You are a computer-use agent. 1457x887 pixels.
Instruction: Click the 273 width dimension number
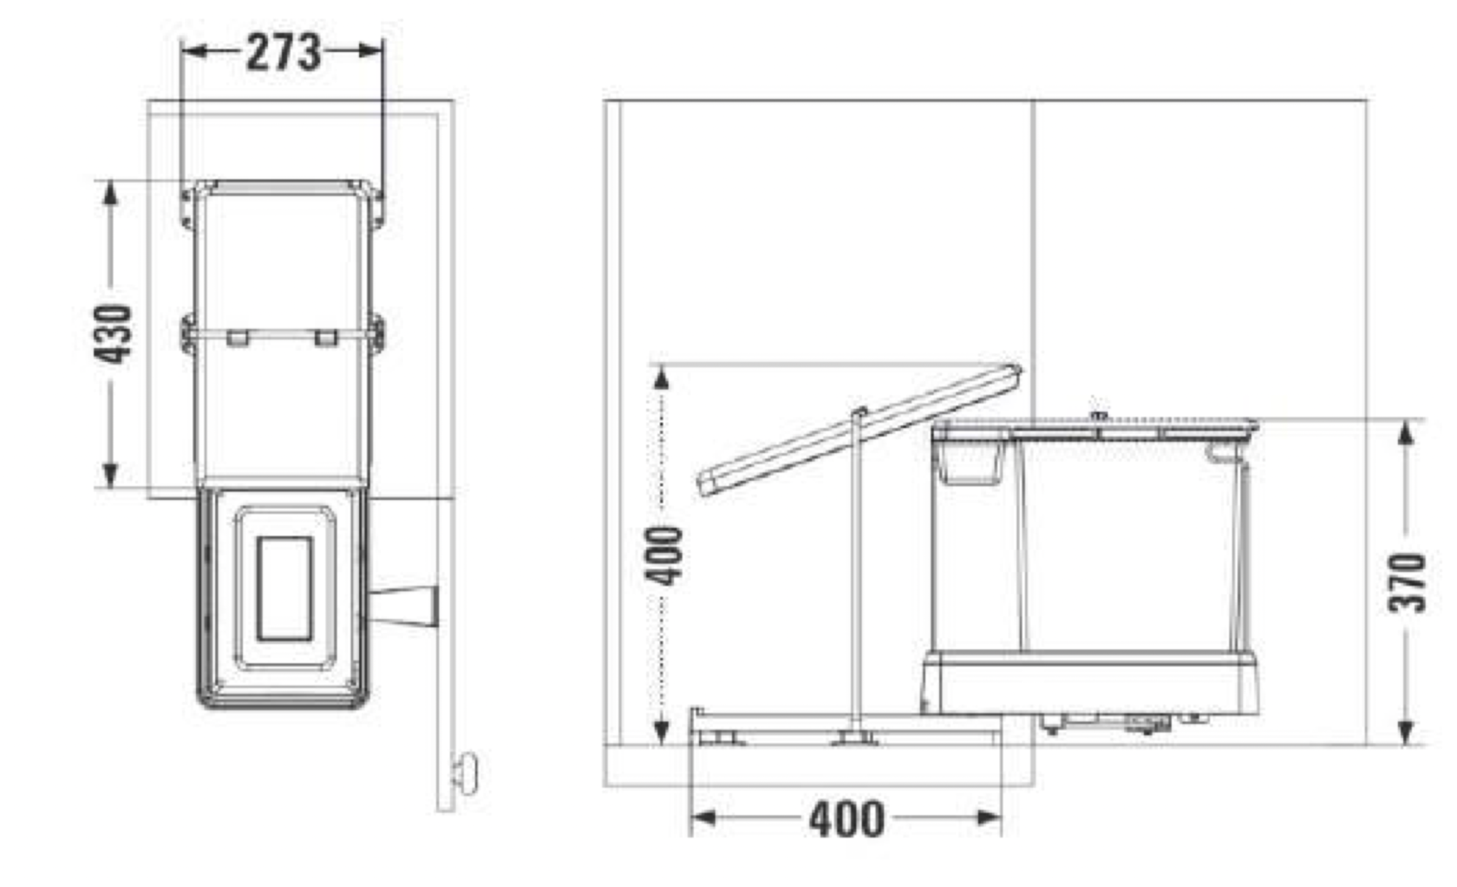pyautogui.click(x=284, y=52)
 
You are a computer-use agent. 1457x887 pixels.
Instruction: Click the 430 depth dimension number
pyautogui.click(x=114, y=333)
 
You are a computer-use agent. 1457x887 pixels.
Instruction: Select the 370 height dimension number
pyautogui.click(x=1407, y=582)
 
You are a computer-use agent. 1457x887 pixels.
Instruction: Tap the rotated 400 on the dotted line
pyautogui.click(x=666, y=555)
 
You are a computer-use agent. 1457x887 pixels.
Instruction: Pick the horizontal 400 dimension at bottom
pyautogui.click(x=846, y=818)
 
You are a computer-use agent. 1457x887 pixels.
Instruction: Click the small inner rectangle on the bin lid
pyautogui.click(x=284, y=588)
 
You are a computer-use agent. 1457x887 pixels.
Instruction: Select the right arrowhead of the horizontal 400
pyautogui.click(x=990, y=817)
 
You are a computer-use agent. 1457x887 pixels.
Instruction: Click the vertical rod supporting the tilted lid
pyautogui.click(x=857, y=573)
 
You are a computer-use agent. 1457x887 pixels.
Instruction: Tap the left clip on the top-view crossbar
pyautogui.click(x=237, y=338)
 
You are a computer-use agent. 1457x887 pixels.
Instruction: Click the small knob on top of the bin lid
pyautogui.click(x=1099, y=416)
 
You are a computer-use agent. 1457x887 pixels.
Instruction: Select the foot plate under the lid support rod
pyautogui.click(x=854, y=739)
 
